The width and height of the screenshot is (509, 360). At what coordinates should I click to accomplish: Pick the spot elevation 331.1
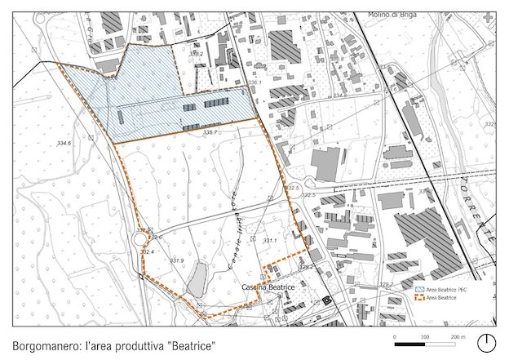[x=270, y=241]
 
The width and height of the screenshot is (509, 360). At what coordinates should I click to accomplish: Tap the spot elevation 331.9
[x=176, y=260]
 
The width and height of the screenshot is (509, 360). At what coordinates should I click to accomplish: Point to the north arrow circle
[x=488, y=341]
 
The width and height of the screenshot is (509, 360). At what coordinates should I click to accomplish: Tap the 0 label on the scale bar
[x=395, y=336]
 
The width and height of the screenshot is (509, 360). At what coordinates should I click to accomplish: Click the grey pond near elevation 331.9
[x=197, y=282]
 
